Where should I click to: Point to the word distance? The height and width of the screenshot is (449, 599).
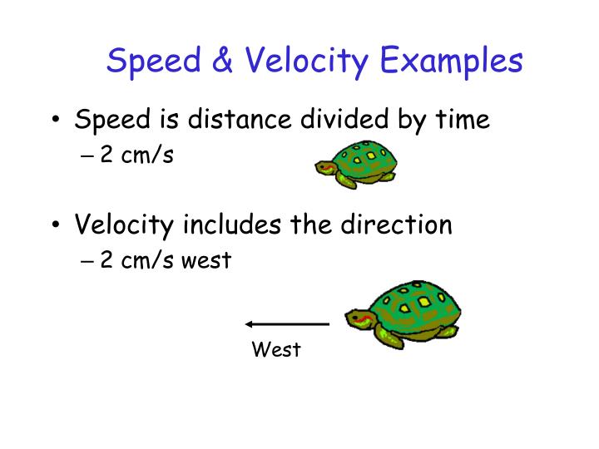(241, 121)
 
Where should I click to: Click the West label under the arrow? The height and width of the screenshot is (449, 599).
(275, 350)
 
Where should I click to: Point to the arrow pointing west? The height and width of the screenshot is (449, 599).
(287, 323)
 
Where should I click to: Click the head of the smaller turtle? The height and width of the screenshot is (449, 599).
(325, 170)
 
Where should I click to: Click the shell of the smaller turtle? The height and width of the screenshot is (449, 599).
(364, 156)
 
